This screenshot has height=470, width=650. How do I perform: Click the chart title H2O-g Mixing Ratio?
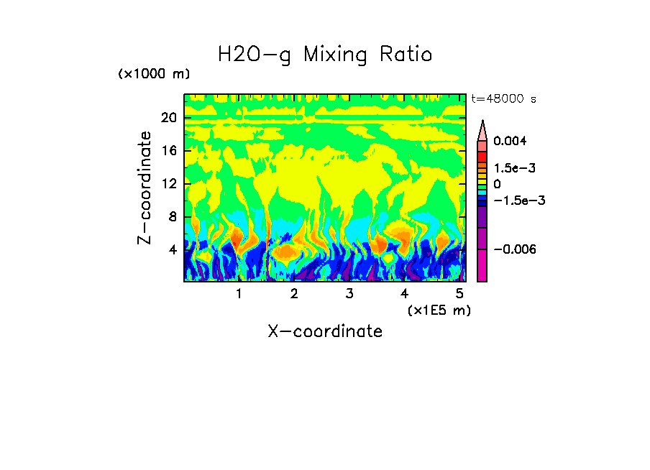click(x=325, y=55)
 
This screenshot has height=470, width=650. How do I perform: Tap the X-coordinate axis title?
click(x=325, y=331)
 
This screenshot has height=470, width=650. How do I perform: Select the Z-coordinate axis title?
click(x=145, y=187)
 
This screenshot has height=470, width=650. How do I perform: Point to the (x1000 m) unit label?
click(x=154, y=75)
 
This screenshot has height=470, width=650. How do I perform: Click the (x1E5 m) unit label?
click(x=439, y=310)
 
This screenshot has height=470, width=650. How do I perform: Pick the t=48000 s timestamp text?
click(x=503, y=98)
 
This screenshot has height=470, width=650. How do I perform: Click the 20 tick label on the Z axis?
click(x=168, y=118)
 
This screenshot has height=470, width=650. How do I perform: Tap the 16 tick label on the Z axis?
click(x=168, y=151)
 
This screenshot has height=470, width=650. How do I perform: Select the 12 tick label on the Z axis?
click(x=168, y=184)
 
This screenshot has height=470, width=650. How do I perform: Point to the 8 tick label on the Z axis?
click(x=172, y=217)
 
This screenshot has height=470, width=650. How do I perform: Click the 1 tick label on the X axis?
click(x=239, y=294)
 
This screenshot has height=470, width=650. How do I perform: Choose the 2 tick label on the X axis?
click(x=294, y=294)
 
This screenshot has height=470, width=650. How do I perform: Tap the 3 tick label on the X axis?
click(x=349, y=294)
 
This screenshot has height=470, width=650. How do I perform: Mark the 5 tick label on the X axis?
click(x=459, y=294)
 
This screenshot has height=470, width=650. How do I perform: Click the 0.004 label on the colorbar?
click(x=510, y=141)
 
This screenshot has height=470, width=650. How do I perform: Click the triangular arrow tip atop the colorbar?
click(x=482, y=129)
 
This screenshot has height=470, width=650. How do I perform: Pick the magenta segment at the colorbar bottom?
click(x=482, y=266)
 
